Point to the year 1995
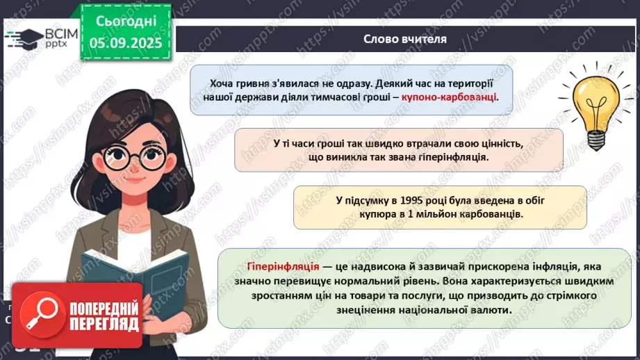[411, 200]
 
